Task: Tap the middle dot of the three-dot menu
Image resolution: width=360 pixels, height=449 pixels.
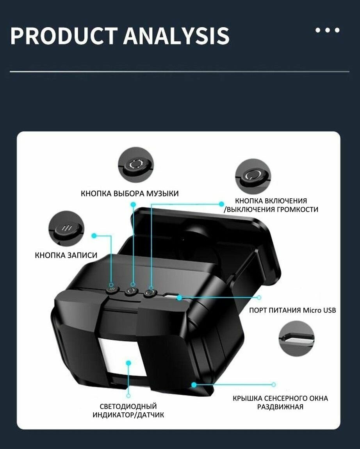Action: [x=327, y=30]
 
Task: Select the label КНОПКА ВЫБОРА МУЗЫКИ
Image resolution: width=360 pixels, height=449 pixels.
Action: [x=130, y=193]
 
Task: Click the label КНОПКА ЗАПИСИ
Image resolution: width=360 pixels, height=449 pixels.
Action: [x=66, y=255]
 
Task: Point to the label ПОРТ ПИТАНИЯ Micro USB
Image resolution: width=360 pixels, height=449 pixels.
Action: [x=292, y=310]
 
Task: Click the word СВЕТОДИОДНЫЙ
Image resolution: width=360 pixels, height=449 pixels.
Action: [x=128, y=406]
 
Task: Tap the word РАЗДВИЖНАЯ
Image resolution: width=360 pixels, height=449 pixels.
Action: [x=280, y=407]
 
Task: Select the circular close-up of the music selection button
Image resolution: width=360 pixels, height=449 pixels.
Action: [x=136, y=165]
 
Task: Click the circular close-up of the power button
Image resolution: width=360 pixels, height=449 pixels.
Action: [x=253, y=177]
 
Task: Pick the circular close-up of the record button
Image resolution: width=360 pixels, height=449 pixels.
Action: [x=66, y=228]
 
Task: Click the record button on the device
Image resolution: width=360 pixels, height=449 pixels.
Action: [x=112, y=289]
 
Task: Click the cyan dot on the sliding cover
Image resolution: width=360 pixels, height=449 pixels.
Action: [x=194, y=385]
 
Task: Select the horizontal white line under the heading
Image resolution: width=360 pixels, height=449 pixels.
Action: [x=180, y=71]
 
